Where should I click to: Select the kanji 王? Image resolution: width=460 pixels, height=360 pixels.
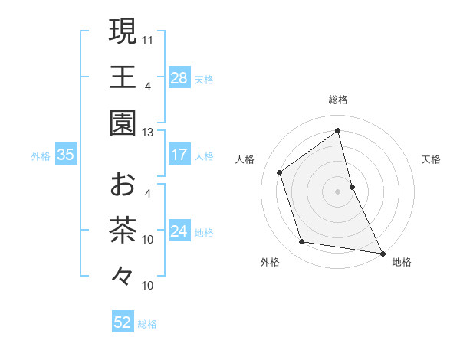coord(123,77)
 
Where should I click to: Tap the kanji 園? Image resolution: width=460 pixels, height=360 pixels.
coord(123,123)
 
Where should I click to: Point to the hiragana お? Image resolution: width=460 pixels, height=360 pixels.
coord(123,185)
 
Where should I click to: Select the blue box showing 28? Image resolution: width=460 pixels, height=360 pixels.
coord(179,77)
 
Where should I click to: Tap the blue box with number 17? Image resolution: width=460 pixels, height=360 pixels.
coord(179,155)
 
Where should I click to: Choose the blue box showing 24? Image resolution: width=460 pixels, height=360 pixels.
coord(179,231)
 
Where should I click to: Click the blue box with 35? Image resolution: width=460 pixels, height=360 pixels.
coord(65,155)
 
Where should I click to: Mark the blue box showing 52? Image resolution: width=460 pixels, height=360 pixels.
coord(123,322)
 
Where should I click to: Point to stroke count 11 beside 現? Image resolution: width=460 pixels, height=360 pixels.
coord(148,39)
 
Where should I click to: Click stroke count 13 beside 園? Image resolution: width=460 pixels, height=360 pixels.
coord(148,132)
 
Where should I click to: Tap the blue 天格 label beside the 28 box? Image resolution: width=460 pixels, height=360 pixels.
coord(204,79)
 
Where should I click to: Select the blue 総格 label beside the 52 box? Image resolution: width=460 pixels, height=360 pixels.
coord(147,324)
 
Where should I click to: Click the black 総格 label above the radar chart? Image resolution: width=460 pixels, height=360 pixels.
coord(337,100)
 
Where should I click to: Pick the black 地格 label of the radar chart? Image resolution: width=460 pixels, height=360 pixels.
coord(402,262)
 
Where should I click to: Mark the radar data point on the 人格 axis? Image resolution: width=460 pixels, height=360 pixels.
coord(280,172)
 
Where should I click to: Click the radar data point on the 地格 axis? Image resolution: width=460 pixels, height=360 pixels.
coord(381,252)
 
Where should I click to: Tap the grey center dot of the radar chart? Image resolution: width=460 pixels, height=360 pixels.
coord(337,191)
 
